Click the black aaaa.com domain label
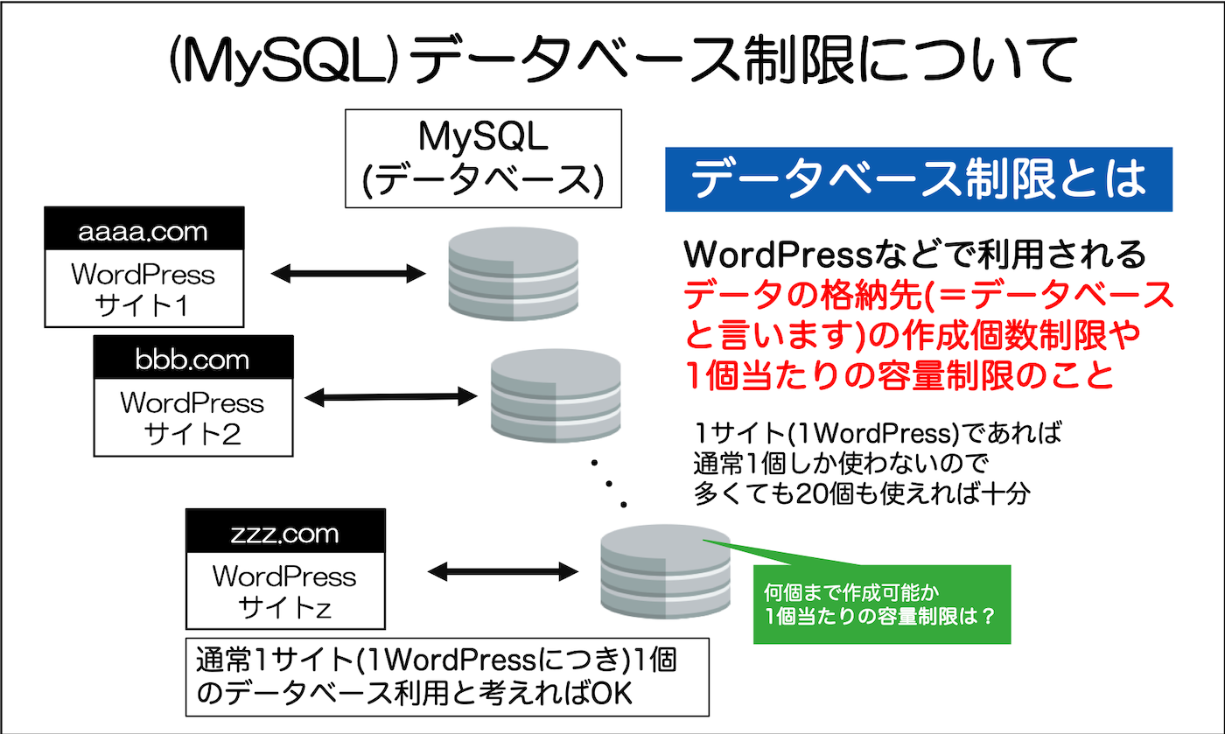pos(143,232)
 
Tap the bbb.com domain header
pos(192,360)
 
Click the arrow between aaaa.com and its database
pos(347,274)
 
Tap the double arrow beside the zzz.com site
pos(503,573)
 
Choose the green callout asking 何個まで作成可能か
pos(882,604)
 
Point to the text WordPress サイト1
pos(143,290)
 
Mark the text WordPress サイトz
pos(285,591)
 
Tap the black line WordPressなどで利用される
pos(915,255)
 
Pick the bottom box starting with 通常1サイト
pos(447,679)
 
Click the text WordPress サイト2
pos(192,417)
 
